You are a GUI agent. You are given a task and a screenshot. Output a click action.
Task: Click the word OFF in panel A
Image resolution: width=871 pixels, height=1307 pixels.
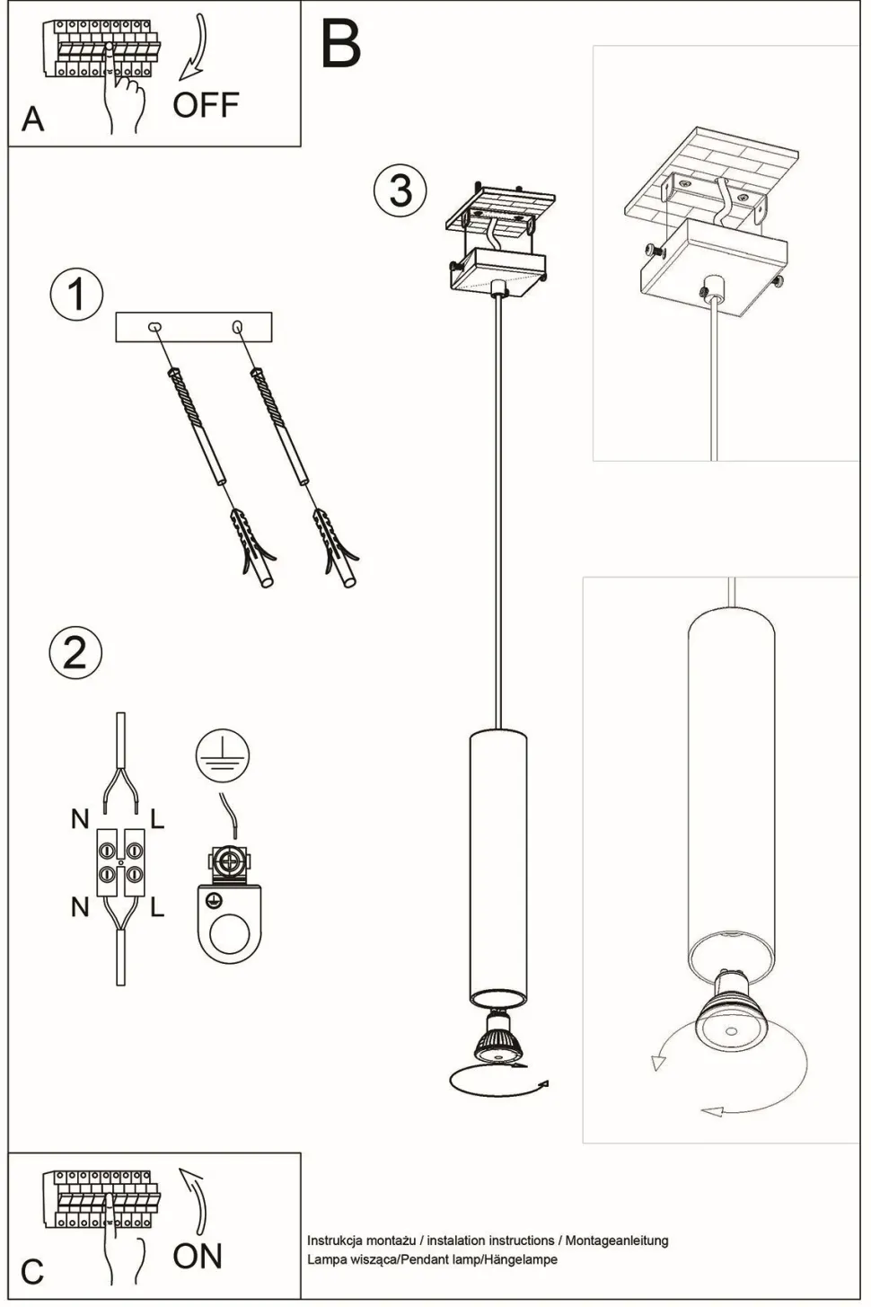coord(206,105)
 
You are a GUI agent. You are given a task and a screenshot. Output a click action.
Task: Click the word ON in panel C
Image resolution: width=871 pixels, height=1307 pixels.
coord(197,1255)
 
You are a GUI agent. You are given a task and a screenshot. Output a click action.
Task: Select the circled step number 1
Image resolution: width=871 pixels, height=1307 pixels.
coord(76,295)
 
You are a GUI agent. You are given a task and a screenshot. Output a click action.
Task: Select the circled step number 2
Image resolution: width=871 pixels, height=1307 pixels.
coord(75,651)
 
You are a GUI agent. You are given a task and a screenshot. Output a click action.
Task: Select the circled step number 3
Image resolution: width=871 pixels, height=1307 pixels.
coord(400,190)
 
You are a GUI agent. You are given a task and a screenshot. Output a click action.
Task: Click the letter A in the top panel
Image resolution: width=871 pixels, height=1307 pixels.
coord(31,119)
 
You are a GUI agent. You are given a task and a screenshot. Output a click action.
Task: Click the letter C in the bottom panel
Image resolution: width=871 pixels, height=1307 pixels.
coord(31,1271)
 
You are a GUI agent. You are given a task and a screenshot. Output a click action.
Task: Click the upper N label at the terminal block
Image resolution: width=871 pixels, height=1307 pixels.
coord(80,818)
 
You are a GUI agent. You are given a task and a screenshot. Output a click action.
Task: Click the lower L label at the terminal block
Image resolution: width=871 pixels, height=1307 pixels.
coord(157,908)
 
